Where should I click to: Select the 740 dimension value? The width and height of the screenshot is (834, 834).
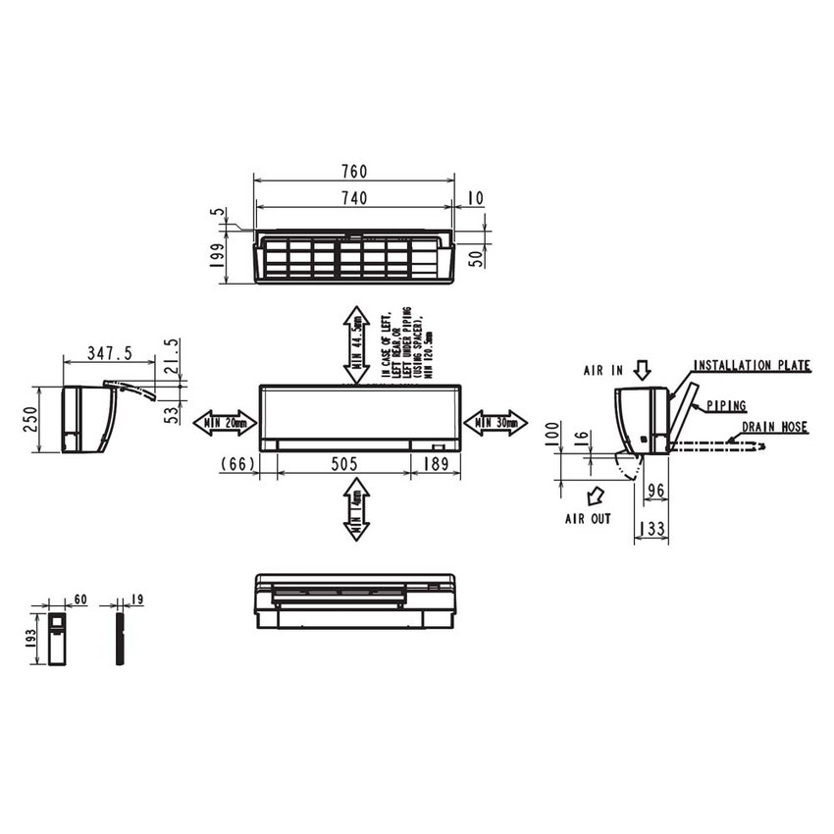pyautogui.click(x=354, y=198)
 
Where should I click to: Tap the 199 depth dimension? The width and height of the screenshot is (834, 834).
pyautogui.click(x=218, y=257)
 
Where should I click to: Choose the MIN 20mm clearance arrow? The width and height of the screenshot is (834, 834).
pyautogui.click(x=225, y=423)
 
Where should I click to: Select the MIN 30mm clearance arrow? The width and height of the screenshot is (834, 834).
pyautogui.click(x=495, y=423)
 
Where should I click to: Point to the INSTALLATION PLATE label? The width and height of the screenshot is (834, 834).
pyautogui.click(x=753, y=366)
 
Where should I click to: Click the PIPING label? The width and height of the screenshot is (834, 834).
pyautogui.click(x=726, y=405)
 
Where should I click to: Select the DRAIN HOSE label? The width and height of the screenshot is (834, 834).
pyautogui.click(x=774, y=428)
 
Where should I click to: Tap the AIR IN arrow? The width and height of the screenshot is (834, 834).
pyautogui.click(x=642, y=370)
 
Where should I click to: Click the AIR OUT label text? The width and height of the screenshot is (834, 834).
pyautogui.click(x=588, y=518)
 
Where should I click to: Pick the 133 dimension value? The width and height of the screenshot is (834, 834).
pyautogui.click(x=652, y=530)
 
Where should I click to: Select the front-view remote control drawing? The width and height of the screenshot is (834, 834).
pyautogui.click(x=57, y=639)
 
